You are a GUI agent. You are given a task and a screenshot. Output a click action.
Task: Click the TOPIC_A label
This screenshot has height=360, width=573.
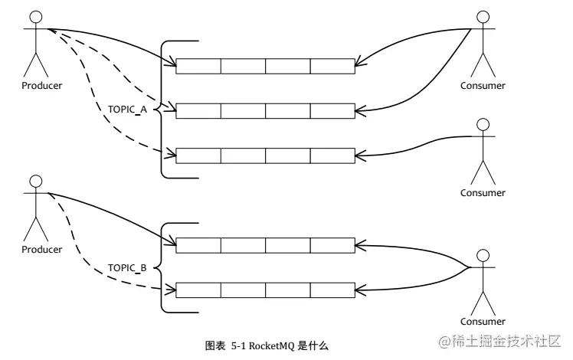(x=127, y=110)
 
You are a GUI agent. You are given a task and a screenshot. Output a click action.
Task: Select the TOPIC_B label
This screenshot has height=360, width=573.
(x=127, y=267)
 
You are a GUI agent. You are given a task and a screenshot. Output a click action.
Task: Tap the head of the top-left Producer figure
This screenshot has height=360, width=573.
(x=34, y=17)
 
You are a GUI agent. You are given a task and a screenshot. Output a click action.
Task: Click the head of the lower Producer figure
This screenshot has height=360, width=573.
(x=34, y=181)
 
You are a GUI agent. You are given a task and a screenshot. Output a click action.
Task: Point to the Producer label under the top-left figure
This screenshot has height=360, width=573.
(x=41, y=85)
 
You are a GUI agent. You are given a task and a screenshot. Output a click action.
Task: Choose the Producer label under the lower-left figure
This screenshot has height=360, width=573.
(x=41, y=249)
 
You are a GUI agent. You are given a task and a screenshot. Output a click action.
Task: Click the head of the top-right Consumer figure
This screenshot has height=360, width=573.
(x=483, y=17)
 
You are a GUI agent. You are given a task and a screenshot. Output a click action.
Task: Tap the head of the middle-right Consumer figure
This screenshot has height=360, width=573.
(x=483, y=125)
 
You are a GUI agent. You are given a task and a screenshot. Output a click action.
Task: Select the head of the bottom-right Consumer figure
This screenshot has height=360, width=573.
(x=483, y=256)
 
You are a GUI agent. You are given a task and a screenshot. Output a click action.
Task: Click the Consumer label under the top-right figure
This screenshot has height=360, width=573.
(x=483, y=85)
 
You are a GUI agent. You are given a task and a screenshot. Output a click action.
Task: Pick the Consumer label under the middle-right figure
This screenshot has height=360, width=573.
(x=483, y=193)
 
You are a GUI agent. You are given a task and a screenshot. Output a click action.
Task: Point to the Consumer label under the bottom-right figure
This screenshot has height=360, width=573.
(x=483, y=321)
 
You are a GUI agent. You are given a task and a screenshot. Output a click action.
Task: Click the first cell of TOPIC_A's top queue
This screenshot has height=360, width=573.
(x=198, y=66)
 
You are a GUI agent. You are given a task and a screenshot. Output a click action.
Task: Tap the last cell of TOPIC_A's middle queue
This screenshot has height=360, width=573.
(x=332, y=111)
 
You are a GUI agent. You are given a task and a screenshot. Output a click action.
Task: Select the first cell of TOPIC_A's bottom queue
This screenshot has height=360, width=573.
(x=198, y=156)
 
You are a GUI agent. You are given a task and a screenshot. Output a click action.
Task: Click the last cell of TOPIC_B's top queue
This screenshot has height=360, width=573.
(x=332, y=245)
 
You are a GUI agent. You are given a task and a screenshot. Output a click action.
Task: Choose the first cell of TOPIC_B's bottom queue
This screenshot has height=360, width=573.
(x=198, y=290)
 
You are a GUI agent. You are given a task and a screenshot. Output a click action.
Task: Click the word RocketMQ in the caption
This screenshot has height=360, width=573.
(x=273, y=346)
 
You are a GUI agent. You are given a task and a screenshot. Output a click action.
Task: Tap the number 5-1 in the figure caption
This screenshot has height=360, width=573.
(x=238, y=346)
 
